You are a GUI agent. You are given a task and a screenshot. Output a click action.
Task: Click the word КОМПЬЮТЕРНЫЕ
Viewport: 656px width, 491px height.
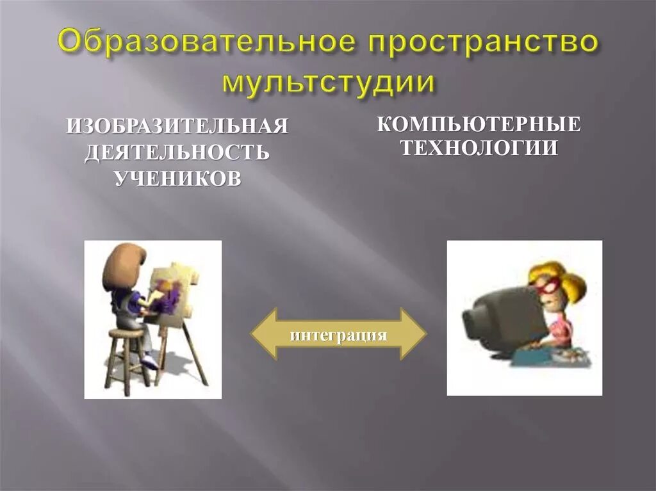(x=479, y=123)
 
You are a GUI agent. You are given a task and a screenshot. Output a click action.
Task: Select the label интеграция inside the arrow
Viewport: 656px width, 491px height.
(x=338, y=335)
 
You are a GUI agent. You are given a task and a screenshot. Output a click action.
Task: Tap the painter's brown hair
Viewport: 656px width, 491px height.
(x=120, y=266)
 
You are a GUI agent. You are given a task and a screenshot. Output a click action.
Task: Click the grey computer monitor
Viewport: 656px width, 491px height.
(x=506, y=317)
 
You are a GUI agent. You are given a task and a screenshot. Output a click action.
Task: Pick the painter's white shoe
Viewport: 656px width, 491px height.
(x=149, y=362)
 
